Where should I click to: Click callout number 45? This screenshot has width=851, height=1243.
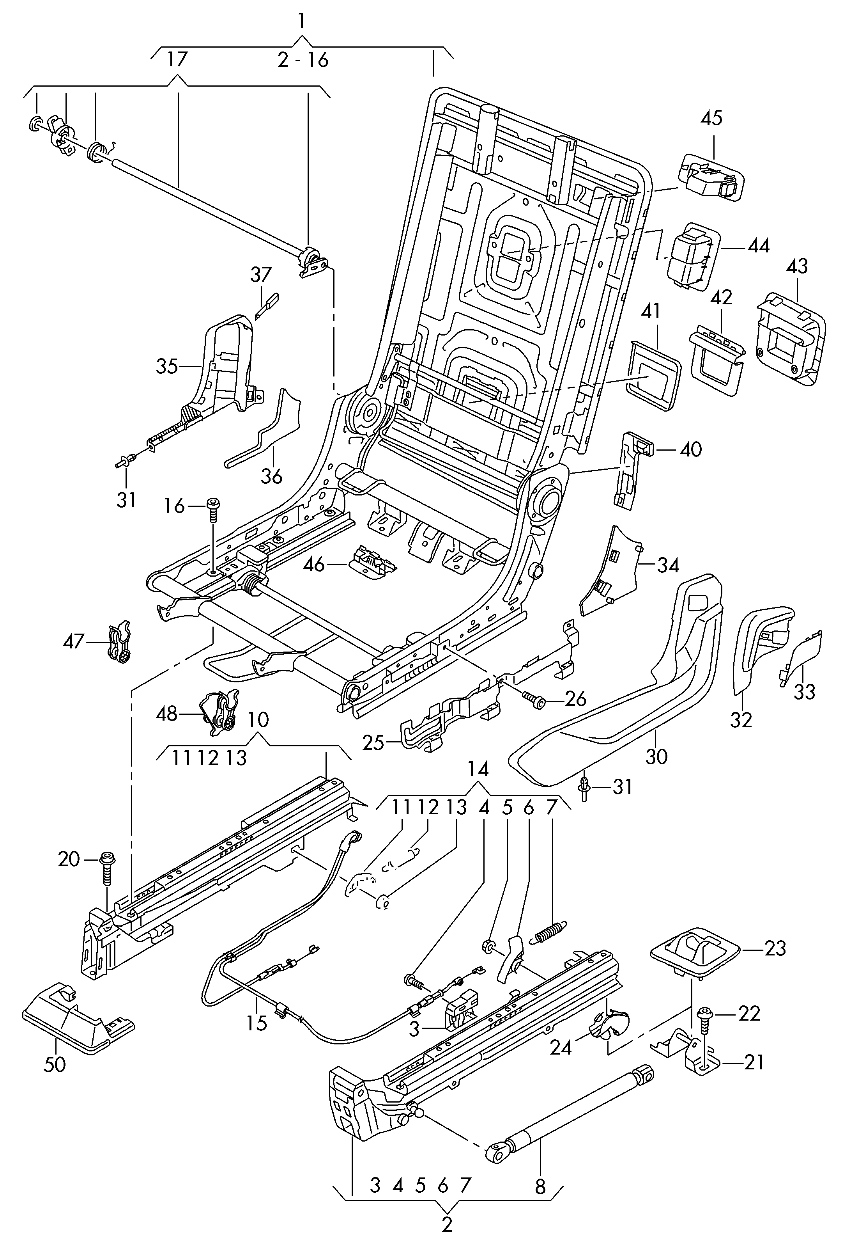point(711,118)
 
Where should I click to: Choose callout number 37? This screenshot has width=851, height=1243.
point(261,275)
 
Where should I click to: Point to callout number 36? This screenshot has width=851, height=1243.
point(272,476)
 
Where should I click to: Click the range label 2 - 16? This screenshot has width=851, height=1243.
point(303,60)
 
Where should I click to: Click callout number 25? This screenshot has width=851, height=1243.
point(373,743)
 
